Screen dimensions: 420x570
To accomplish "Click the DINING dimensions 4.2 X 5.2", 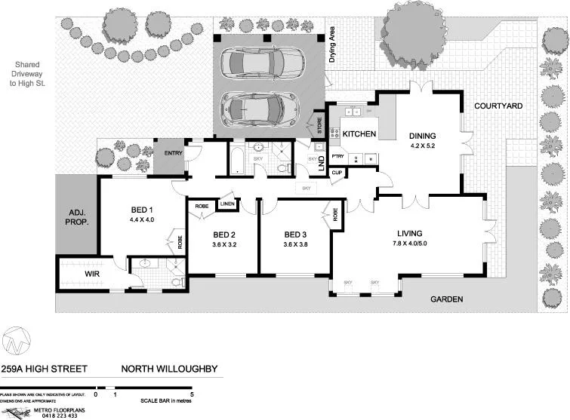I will tap(423, 147).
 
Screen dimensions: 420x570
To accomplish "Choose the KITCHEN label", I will tap(359, 133).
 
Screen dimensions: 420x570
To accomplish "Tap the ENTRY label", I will tap(173, 153).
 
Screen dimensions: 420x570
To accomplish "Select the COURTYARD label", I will tap(498, 106).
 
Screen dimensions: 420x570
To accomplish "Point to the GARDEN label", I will tap(446, 299).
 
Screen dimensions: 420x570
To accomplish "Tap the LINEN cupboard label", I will tap(226, 204).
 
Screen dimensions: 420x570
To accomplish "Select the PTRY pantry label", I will tap(337, 157).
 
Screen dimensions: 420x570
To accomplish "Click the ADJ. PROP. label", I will tap(76, 218).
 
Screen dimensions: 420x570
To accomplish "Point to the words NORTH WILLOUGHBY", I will tap(170, 369).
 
